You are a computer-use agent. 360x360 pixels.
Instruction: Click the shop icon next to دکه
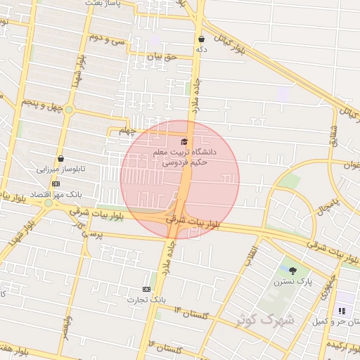pyautogui.click(x=202, y=39)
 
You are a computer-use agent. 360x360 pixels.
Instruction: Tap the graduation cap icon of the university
pyautogui.click(x=185, y=141)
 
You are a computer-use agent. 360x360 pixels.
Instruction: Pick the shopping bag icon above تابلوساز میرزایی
pyautogui.click(x=61, y=159)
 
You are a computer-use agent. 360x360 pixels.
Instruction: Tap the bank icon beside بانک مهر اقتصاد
pyautogui.click(x=56, y=184)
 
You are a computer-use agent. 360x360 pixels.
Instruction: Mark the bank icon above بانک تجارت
pyautogui.click(x=146, y=289)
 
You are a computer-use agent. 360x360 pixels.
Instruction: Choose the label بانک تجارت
pyautogui.click(x=146, y=300)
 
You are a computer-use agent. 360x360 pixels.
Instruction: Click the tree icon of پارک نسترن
pyautogui.click(x=292, y=271)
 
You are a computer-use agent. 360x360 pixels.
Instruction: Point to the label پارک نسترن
pyautogui.click(x=292, y=281)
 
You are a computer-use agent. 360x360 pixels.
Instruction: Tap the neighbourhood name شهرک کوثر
pyautogui.click(x=269, y=321)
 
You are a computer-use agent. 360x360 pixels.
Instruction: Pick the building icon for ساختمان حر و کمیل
pyautogui.click(x=342, y=311)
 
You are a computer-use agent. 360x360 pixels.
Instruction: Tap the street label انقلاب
pyautogui.click(x=250, y=256)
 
